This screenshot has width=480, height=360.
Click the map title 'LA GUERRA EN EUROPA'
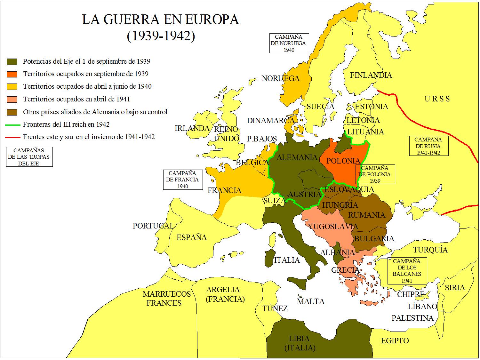160,20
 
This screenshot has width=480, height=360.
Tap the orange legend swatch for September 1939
12,74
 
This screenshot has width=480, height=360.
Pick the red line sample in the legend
12,137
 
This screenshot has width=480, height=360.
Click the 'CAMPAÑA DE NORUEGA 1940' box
288,43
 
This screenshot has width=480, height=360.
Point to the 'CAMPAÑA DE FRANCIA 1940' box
182,180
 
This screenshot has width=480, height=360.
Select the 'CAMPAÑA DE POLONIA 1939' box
375,174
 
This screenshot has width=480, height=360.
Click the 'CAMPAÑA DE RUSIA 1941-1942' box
428,146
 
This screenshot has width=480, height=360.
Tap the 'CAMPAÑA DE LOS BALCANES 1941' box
407,271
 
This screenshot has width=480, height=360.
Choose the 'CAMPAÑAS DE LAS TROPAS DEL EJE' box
29,157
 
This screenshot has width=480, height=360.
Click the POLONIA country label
343,161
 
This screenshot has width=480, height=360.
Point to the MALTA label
310,301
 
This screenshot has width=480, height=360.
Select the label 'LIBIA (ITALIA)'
300,343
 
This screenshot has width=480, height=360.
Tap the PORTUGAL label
153,226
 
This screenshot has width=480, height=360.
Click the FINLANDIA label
371,75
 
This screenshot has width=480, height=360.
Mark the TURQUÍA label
430,250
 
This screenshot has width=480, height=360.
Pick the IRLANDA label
192,129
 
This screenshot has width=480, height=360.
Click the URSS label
437,99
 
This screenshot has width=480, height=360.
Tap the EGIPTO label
395,341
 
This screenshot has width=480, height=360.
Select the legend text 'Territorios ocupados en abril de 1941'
76,99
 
